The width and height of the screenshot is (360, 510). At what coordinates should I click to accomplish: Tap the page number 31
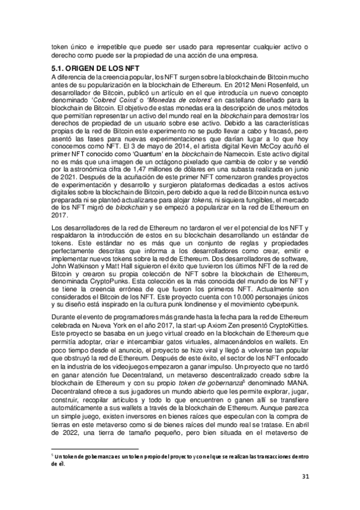tap(305, 478)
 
